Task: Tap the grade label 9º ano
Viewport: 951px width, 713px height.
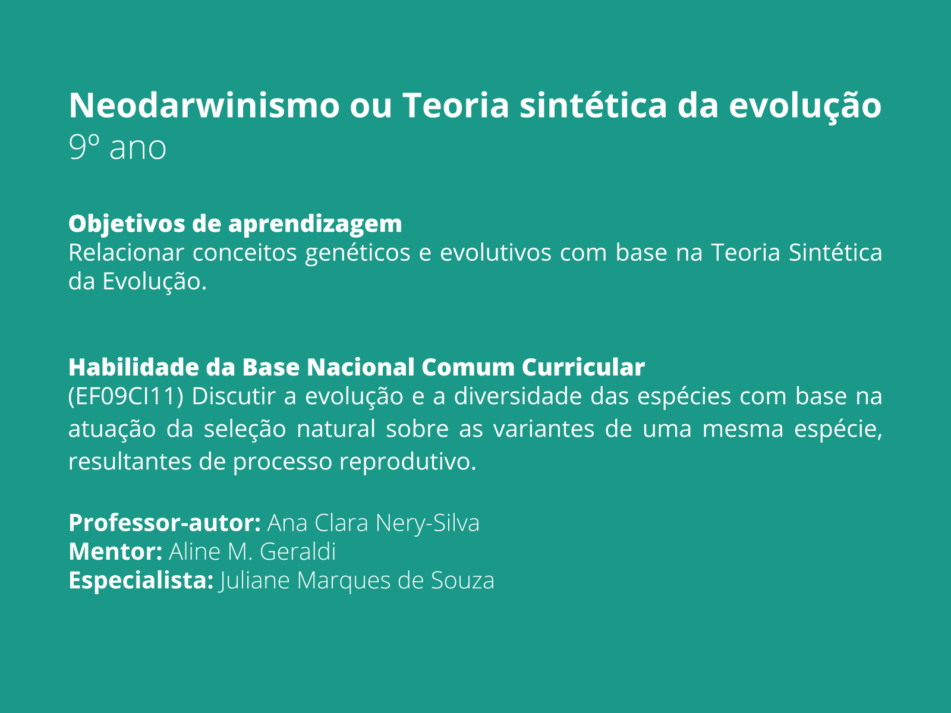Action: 117,147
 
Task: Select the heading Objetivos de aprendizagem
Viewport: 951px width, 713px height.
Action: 235,224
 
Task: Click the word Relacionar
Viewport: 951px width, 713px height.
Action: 126,253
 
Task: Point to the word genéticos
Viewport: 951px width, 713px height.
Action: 357,253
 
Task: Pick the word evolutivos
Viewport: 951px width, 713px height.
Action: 495,253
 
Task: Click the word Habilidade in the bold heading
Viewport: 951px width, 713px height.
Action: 134,367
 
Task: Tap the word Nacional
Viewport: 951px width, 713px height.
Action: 360,367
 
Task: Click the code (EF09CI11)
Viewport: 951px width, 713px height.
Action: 125,396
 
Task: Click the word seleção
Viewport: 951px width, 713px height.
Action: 245,429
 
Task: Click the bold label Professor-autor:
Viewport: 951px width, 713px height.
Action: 165,523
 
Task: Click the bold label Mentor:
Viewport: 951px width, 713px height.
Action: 115,552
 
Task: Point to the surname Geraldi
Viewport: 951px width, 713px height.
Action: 298,552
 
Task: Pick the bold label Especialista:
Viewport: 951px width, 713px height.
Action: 141,581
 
